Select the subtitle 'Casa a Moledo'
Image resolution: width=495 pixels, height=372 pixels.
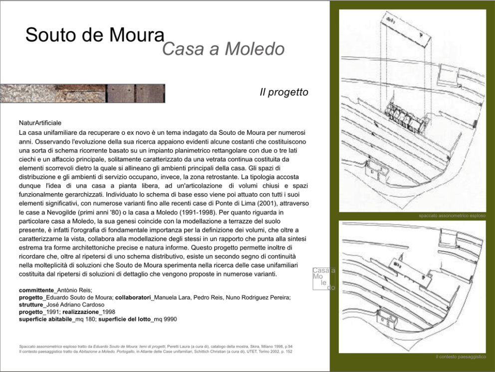(223, 48)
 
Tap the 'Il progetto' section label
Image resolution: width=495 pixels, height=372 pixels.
(283, 92)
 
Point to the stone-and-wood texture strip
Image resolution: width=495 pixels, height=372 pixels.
(82, 93)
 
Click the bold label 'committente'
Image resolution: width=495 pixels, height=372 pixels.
(36, 290)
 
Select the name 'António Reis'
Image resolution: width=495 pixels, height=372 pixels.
(75, 290)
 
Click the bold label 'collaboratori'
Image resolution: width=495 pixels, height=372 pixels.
(133, 298)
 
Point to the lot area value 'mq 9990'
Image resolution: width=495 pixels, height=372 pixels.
(165, 319)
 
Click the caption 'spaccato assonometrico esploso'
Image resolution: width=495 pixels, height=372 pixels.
(452, 216)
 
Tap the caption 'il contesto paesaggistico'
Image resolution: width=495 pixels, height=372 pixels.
(460, 357)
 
